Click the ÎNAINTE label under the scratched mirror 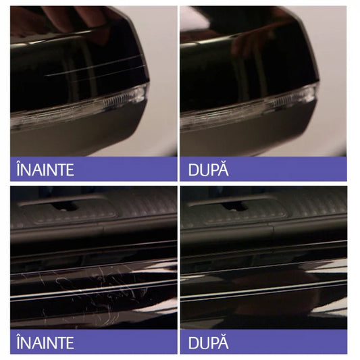(x=45, y=169)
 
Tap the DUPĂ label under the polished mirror (x=209, y=169)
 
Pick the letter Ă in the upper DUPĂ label (x=224, y=169)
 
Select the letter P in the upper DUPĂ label (x=213, y=169)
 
